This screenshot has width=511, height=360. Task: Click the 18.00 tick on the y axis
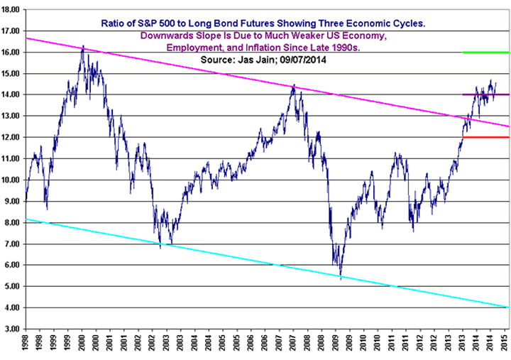point(13,9)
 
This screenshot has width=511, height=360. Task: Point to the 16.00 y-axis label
point(13,52)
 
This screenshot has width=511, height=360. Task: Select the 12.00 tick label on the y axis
point(13,137)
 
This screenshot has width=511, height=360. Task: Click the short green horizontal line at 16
point(485,52)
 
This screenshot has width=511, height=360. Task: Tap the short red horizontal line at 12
point(485,137)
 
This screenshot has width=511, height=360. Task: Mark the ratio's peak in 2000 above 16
point(83,47)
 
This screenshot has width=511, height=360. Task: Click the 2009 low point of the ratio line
point(341,278)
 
